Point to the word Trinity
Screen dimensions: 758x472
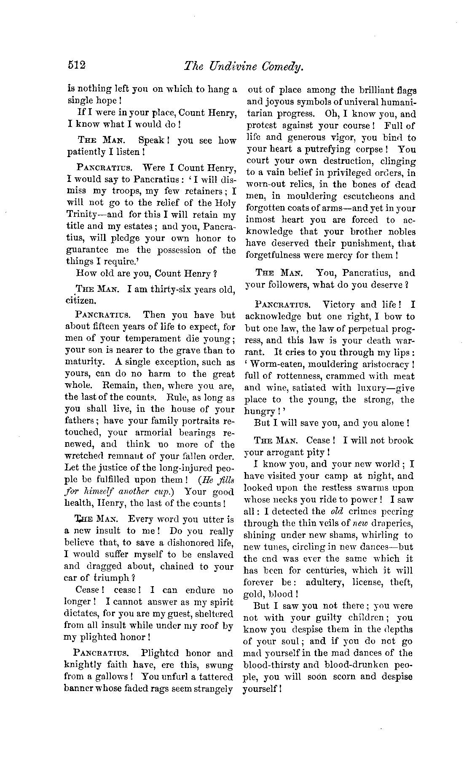(83, 215)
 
